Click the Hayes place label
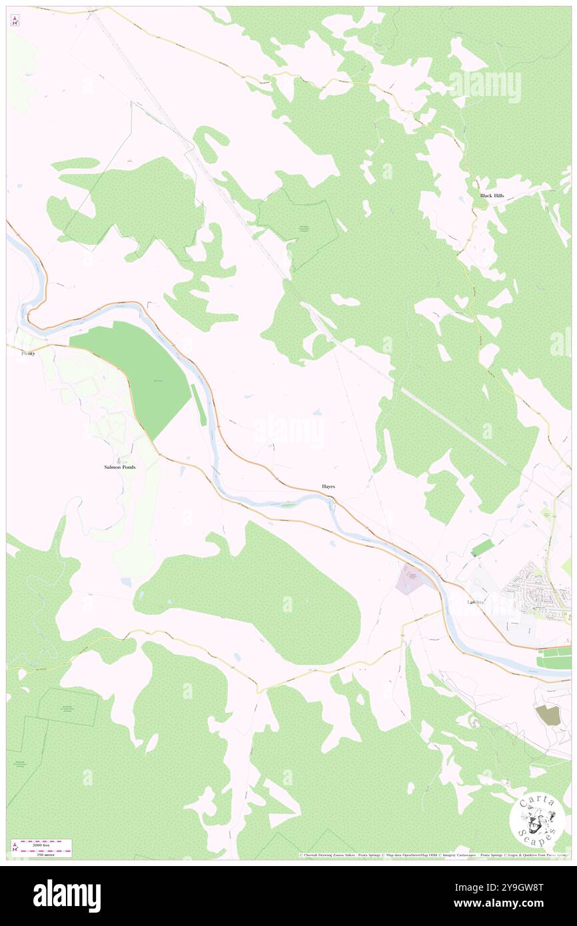[328, 487]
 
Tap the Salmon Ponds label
[120, 467]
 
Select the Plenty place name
[28, 353]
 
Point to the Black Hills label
[492, 196]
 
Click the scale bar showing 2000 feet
[46, 843]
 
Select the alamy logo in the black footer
[67, 895]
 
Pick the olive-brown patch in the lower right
[548, 715]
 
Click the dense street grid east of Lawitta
[532, 585]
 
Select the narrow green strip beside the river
[199, 404]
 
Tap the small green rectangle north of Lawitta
[483, 548]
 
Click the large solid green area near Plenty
[133, 373]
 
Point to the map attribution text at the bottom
[433, 855]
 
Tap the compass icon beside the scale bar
[14, 847]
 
